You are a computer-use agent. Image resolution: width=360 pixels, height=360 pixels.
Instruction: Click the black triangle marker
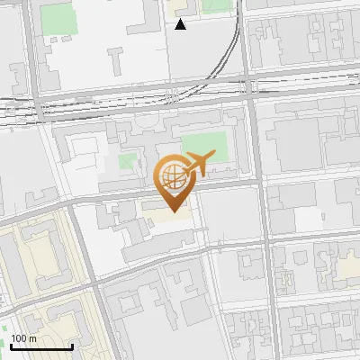point(181,24)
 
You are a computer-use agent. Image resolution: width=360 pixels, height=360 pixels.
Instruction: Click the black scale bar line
point(41,346)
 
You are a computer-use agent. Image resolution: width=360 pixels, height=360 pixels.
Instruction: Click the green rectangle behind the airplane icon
point(205,149)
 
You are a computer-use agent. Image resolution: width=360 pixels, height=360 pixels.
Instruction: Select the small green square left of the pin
point(129,165)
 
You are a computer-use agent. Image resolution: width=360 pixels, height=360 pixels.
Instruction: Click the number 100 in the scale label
point(19,338)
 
